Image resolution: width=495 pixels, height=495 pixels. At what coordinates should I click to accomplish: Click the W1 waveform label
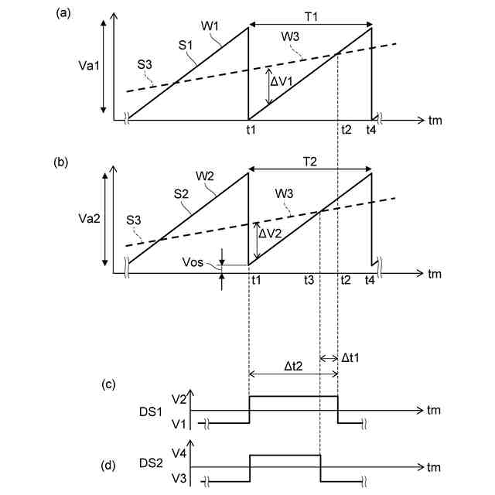(x=210, y=28)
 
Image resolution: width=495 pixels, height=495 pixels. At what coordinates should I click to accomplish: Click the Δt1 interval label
(x=353, y=358)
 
